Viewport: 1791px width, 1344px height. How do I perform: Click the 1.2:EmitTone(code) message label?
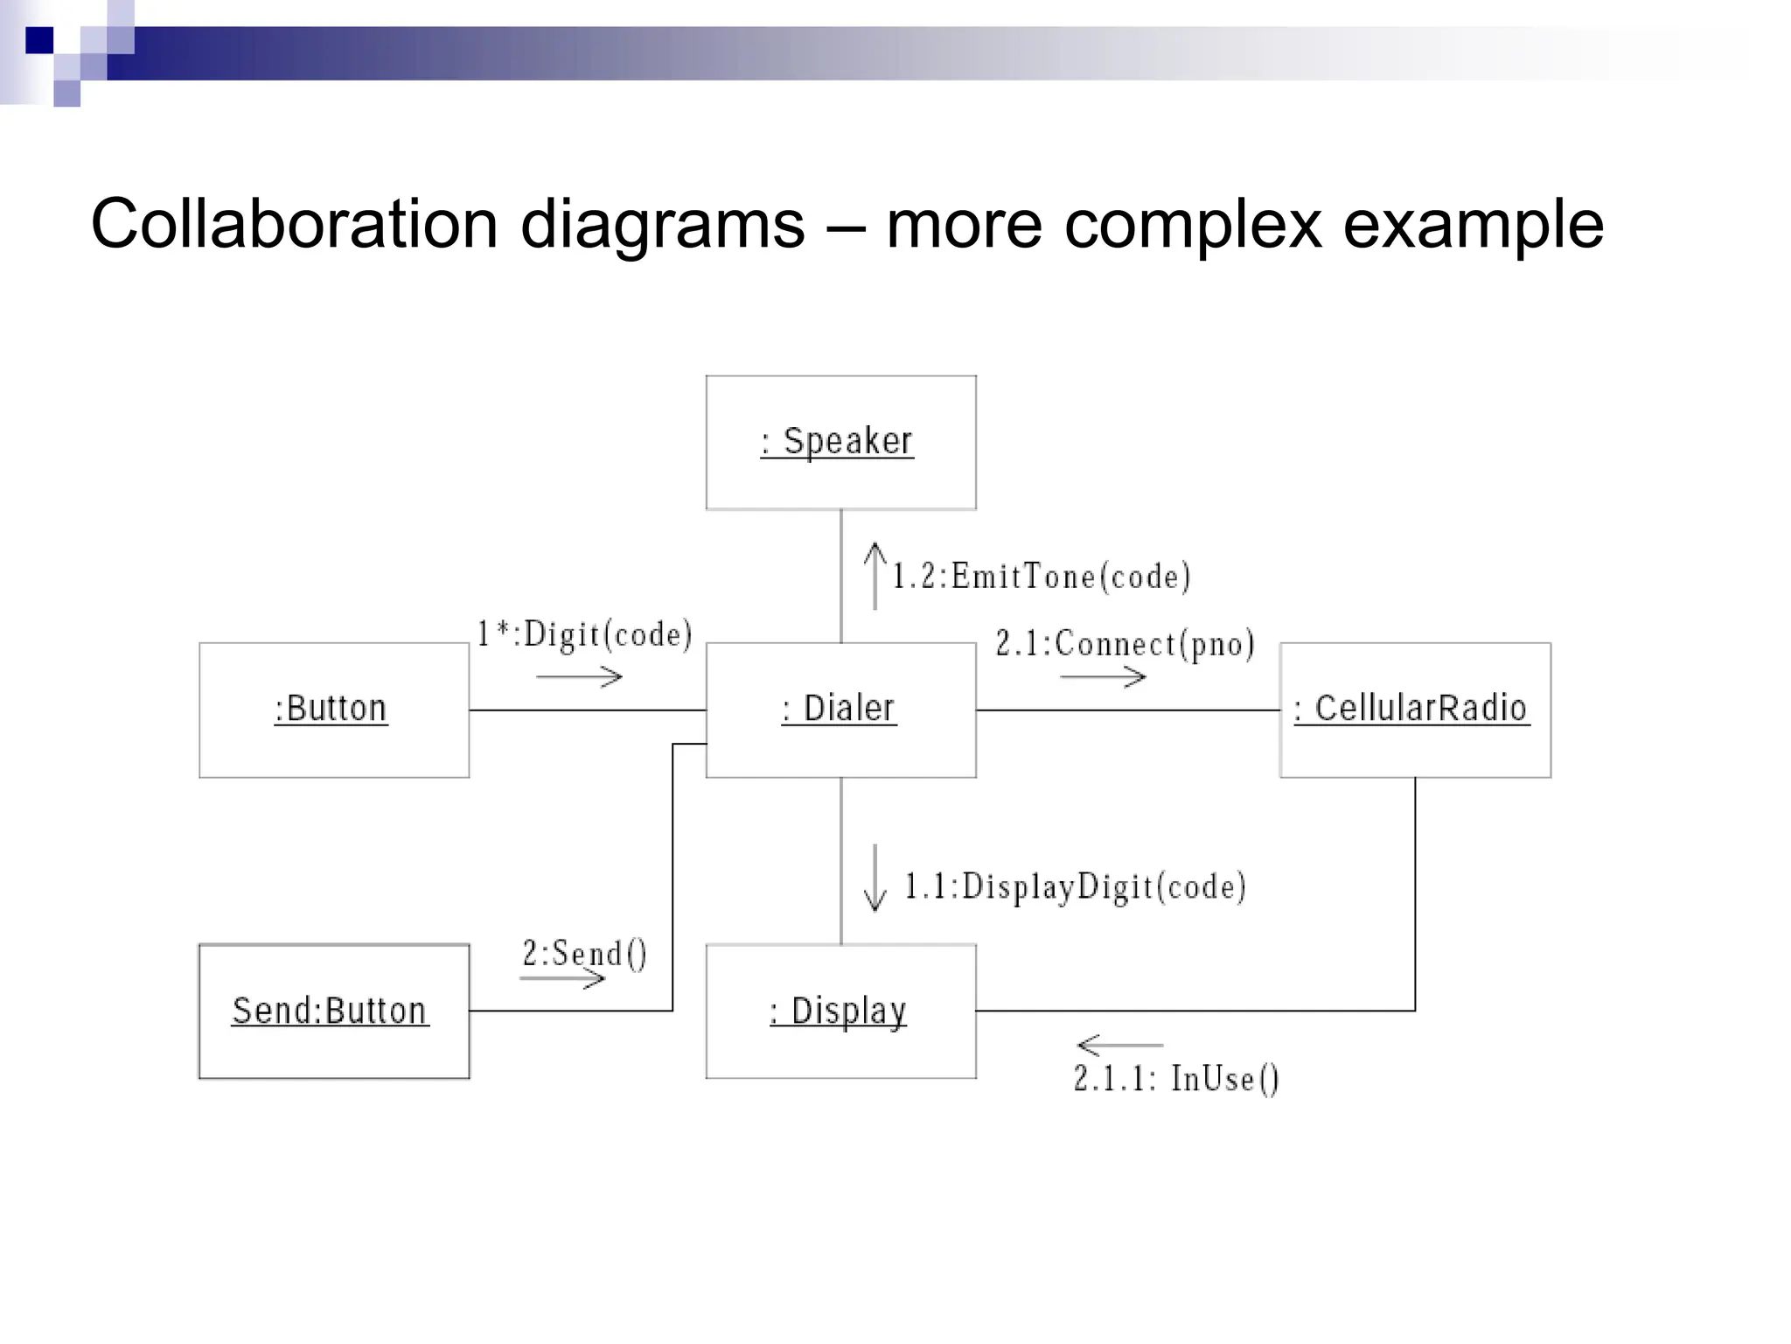pyautogui.click(x=1041, y=577)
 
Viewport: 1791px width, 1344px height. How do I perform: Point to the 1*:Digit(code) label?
pyautogui.click(x=584, y=634)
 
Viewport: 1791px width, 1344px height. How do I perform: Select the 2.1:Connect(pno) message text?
pyautogui.click(x=1125, y=644)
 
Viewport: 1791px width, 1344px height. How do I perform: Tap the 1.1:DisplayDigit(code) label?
pyautogui.click(x=1075, y=886)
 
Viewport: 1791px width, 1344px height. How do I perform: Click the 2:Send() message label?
pyautogui.click(x=584, y=954)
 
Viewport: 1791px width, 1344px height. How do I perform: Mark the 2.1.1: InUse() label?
pyautogui.click(x=1176, y=1079)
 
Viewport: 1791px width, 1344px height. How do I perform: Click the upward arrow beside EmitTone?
pyautogui.click(x=875, y=576)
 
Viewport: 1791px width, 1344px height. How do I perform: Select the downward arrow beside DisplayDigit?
pyautogui.click(x=875, y=878)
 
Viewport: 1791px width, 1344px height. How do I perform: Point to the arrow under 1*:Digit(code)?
pyautogui.click(x=579, y=676)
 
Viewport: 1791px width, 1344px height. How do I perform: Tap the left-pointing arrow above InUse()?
pyautogui.click(x=1119, y=1045)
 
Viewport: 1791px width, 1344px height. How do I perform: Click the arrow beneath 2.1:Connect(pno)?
pyautogui.click(x=1102, y=676)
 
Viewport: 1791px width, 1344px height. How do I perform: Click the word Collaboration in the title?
pyautogui.click(x=294, y=224)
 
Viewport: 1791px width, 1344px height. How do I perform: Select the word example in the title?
pyautogui.click(x=1473, y=224)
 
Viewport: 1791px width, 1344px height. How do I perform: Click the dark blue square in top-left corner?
pyautogui.click(x=39, y=40)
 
